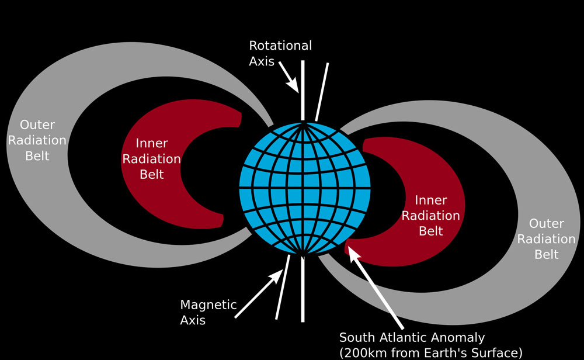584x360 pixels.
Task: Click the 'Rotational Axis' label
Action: click(x=280, y=53)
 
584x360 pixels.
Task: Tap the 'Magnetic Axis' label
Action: click(x=208, y=312)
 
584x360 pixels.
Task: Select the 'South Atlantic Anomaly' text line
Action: click(x=412, y=338)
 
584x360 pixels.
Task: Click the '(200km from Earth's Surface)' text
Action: click(x=431, y=353)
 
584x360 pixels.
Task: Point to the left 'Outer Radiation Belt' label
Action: click(x=37, y=140)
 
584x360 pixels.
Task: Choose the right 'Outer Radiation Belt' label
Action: click(x=547, y=239)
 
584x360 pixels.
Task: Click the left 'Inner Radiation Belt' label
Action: click(x=152, y=159)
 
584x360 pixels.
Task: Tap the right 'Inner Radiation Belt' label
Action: click(x=431, y=216)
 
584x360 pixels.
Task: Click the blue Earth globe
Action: click(x=305, y=189)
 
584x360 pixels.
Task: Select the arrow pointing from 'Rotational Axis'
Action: click(x=288, y=77)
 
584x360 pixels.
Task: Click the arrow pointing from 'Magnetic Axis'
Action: click(x=259, y=293)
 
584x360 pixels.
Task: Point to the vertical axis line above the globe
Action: click(x=303, y=91)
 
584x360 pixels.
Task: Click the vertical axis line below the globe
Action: click(x=303, y=289)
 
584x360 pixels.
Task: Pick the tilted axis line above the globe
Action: click(x=322, y=92)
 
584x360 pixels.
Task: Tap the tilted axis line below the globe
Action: click(x=283, y=287)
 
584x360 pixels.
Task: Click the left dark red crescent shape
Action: click(x=164, y=164)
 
